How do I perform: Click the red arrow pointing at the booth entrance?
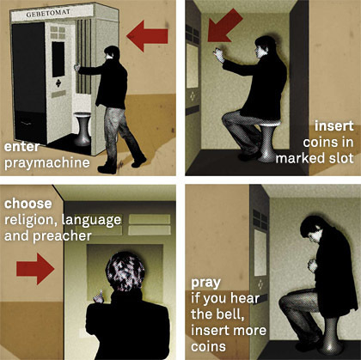147,36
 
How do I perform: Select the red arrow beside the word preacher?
35,269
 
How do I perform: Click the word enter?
21,147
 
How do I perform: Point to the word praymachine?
47,163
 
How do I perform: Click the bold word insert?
334,126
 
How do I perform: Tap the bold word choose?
28,204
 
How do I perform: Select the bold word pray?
205,283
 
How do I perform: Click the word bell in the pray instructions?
229,314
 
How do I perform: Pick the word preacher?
62,236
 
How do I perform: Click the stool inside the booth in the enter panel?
83,129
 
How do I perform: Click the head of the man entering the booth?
112,52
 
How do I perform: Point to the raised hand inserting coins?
218,55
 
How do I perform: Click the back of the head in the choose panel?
125,272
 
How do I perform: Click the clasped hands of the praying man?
313,265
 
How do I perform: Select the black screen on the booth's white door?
58,59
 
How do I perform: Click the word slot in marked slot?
340,158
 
